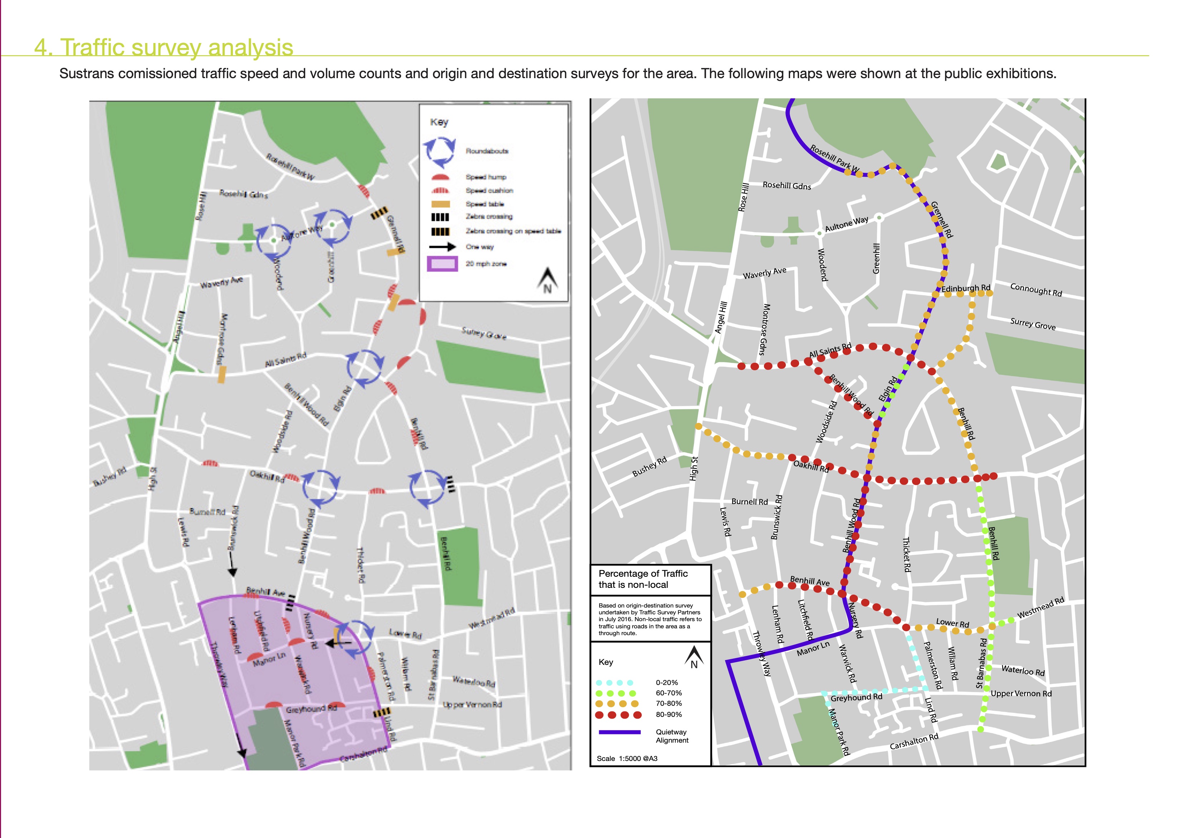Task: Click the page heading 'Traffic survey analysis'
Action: (164, 48)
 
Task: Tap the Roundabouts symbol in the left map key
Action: (440, 152)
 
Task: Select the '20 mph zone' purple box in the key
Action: (442, 264)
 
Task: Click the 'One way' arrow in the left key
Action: (442, 247)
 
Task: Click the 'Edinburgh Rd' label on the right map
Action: (966, 288)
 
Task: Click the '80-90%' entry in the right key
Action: (668, 715)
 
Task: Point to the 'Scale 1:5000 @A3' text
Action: (627, 758)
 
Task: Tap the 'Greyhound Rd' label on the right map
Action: (856, 697)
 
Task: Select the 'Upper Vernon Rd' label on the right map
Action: (1021, 694)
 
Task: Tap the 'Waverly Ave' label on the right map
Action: (764, 273)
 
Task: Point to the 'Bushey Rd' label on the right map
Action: (649, 467)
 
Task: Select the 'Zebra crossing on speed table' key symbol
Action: (440, 231)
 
